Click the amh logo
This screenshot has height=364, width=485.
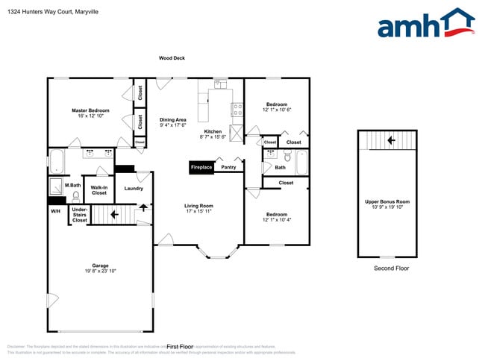[x=425, y=24]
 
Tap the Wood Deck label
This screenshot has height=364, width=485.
[x=172, y=58]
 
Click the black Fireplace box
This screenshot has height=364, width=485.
[x=201, y=168]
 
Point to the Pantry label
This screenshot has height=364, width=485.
[x=228, y=168]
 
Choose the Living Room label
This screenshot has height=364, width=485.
[x=199, y=206]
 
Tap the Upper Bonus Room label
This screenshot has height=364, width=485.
[x=387, y=202]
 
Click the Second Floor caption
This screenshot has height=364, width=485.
[x=391, y=269]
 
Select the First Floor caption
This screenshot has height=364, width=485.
[x=180, y=347]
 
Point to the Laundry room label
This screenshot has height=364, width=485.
[x=134, y=189]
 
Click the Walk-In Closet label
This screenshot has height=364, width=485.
[x=98, y=190]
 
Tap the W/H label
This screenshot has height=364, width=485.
[x=55, y=211]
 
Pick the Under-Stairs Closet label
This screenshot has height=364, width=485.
[x=79, y=215]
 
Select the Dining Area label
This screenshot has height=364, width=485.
[x=173, y=121]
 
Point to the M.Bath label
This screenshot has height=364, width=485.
[x=72, y=185]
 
